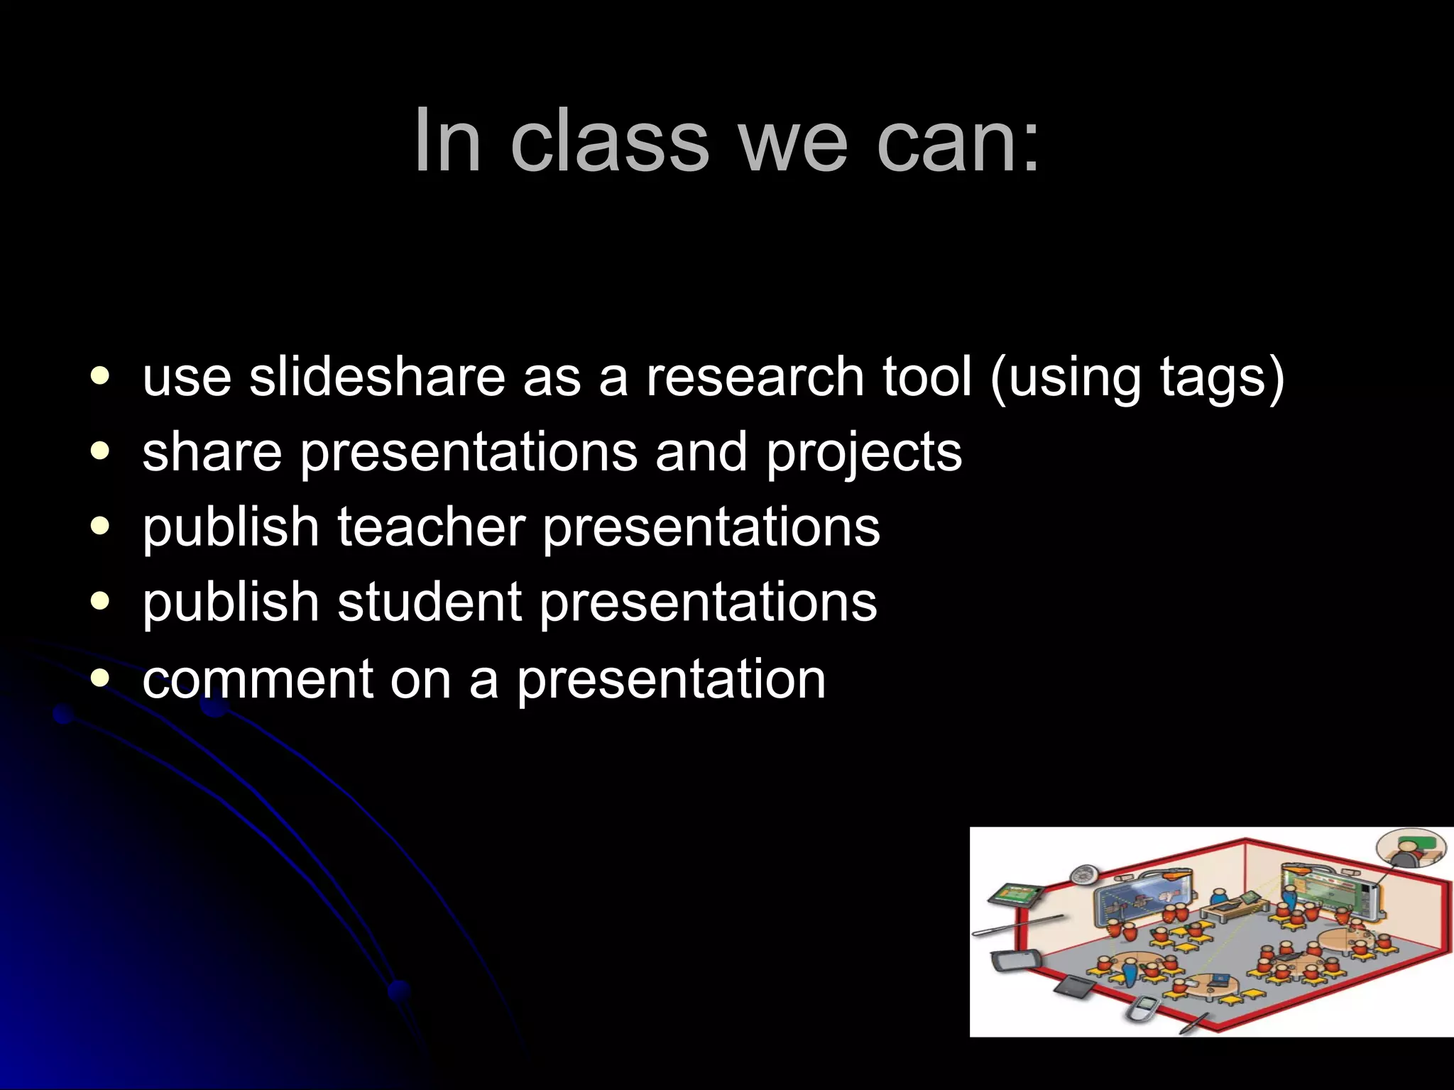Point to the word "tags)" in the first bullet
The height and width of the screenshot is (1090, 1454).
pos(1221,378)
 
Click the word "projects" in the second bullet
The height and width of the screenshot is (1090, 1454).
pos(863,453)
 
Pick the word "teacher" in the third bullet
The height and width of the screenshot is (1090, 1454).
pos(430,527)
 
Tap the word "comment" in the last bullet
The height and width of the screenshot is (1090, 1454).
pos(257,679)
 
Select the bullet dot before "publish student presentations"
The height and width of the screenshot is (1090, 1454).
pos(101,601)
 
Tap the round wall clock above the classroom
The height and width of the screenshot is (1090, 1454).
pos(1084,874)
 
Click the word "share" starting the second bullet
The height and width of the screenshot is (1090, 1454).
pos(212,453)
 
